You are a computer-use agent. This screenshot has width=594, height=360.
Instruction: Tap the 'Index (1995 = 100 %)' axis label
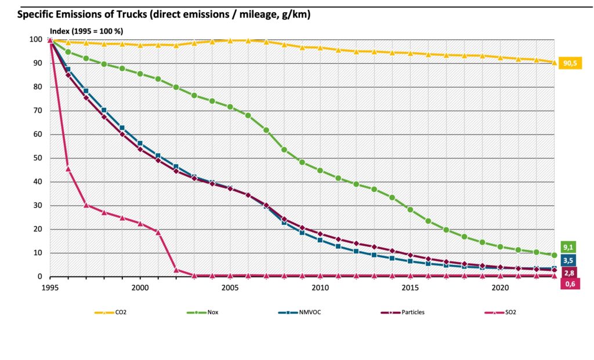(x=87, y=31)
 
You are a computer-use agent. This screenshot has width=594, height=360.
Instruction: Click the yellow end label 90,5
(x=571, y=63)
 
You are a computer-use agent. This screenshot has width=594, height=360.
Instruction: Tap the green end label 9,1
(x=569, y=246)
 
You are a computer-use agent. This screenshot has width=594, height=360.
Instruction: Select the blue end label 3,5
(x=569, y=259)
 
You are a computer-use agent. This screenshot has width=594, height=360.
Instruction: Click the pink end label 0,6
(x=569, y=283)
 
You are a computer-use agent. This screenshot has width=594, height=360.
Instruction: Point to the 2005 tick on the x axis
(x=230, y=287)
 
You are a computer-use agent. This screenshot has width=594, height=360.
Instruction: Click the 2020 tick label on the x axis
(x=500, y=287)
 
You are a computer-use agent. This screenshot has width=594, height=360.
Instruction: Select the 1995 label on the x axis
(x=50, y=287)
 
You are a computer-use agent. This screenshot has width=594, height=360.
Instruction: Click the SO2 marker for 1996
(x=68, y=169)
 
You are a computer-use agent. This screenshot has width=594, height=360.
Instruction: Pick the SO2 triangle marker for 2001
(x=158, y=232)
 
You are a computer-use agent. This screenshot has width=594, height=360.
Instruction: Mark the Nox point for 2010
(x=320, y=170)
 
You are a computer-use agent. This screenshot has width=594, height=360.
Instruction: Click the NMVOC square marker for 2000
(x=140, y=143)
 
